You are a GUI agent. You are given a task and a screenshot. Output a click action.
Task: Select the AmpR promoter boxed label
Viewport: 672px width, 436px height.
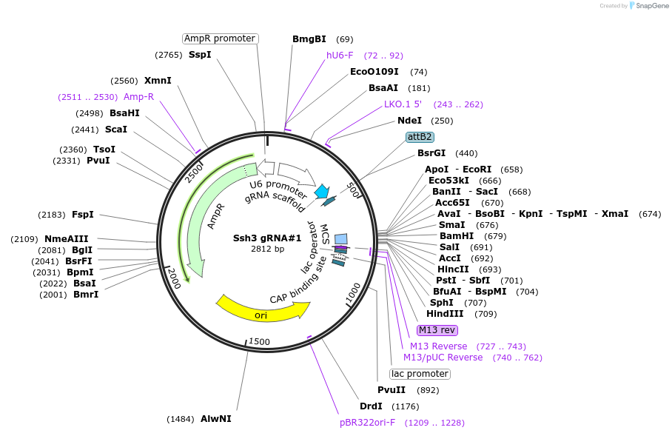click(x=220, y=38)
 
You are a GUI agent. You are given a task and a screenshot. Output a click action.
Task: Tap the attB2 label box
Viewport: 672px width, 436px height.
click(x=420, y=137)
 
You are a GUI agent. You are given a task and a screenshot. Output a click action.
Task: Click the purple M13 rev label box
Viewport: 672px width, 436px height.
click(x=437, y=330)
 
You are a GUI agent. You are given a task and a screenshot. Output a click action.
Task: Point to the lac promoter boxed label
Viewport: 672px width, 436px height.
click(x=420, y=374)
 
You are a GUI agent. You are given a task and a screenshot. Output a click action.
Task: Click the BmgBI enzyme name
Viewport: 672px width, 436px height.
click(x=309, y=39)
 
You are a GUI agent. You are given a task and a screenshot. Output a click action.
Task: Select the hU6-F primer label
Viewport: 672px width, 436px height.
click(x=340, y=56)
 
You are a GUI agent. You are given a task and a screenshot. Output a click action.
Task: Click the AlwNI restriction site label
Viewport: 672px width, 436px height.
click(x=215, y=419)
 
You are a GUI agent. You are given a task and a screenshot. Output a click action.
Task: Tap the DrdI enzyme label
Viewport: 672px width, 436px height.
click(x=371, y=406)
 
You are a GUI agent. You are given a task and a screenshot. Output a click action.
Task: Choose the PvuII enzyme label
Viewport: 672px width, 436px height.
click(x=392, y=390)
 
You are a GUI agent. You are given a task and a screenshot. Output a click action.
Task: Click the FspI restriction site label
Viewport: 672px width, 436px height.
click(x=83, y=215)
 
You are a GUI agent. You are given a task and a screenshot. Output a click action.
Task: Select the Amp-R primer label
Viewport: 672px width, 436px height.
click(x=138, y=97)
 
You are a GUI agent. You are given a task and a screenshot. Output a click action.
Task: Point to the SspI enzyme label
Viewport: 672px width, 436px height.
click(x=200, y=55)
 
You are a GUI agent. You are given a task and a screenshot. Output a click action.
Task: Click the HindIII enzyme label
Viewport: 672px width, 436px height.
click(x=446, y=314)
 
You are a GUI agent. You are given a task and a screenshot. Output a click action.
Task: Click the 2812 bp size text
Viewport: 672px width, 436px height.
click(x=267, y=249)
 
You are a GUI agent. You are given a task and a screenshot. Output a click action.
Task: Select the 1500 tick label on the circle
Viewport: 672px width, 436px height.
click(x=259, y=341)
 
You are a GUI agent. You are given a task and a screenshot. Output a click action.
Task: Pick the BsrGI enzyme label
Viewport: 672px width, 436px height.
click(x=431, y=153)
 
